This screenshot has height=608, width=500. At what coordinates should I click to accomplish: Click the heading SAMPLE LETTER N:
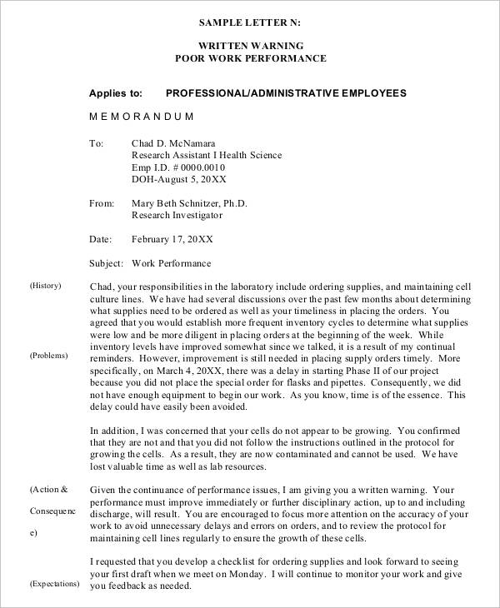pyautogui.click(x=250, y=22)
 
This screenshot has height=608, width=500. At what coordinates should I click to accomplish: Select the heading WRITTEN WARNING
pyautogui.click(x=250, y=45)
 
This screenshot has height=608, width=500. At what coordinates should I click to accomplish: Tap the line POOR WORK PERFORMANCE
pyautogui.click(x=250, y=58)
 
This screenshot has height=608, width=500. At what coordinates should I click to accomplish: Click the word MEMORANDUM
pyautogui.click(x=141, y=117)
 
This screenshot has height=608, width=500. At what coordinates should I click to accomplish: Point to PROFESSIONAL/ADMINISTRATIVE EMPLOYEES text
pyautogui.click(x=286, y=93)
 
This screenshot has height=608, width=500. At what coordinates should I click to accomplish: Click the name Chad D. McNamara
pyautogui.click(x=178, y=142)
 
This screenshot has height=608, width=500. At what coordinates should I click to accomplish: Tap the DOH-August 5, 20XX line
pyautogui.click(x=179, y=180)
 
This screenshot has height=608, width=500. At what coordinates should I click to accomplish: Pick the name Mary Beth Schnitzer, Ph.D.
pyautogui.click(x=189, y=203)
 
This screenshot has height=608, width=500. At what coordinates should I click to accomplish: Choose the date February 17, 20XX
pyautogui.click(x=172, y=239)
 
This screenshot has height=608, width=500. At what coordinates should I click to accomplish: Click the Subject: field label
pyautogui.click(x=107, y=263)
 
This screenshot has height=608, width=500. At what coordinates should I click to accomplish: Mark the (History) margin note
pyautogui.click(x=46, y=286)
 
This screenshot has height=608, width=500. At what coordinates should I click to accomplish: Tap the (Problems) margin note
pyautogui.click(x=48, y=356)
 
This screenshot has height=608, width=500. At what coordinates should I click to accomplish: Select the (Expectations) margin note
pyautogui.click(x=54, y=584)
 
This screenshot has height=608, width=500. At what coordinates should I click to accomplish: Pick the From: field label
pyautogui.click(x=100, y=203)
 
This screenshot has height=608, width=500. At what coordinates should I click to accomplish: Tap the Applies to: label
pyautogui.click(x=116, y=93)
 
